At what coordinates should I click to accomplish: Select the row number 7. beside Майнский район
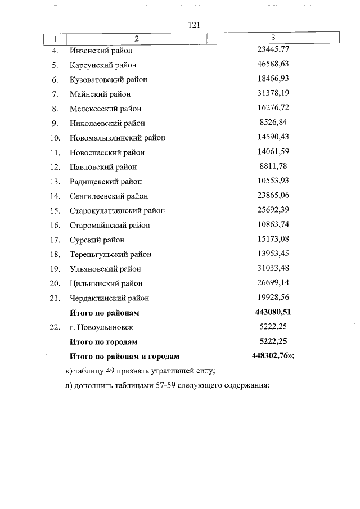(x=55, y=94)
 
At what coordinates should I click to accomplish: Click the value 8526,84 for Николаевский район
(x=274, y=123)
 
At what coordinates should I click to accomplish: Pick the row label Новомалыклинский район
(x=118, y=138)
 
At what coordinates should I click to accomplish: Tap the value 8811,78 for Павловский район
(x=274, y=166)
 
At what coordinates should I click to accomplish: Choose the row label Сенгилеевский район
(x=109, y=196)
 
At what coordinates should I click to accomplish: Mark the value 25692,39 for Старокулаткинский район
(x=273, y=210)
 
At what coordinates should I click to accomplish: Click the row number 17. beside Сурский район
(x=55, y=240)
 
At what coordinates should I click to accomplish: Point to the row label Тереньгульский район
(x=111, y=254)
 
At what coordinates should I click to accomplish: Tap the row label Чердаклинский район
(x=110, y=298)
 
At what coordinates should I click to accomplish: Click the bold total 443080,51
(x=273, y=312)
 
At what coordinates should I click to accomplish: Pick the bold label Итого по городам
(x=103, y=341)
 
